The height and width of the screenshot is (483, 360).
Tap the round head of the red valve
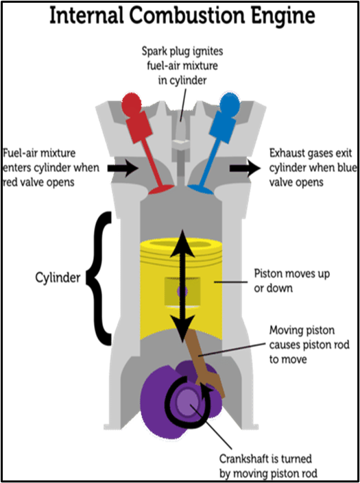tap(132, 103)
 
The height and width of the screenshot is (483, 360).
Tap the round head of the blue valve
tap(229, 103)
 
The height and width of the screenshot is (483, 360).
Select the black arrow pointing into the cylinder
tap(123, 168)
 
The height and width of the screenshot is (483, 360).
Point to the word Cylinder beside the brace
tap(58, 278)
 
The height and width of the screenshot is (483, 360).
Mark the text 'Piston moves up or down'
tap(291, 281)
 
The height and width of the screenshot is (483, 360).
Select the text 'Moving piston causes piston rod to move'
tap(309, 345)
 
